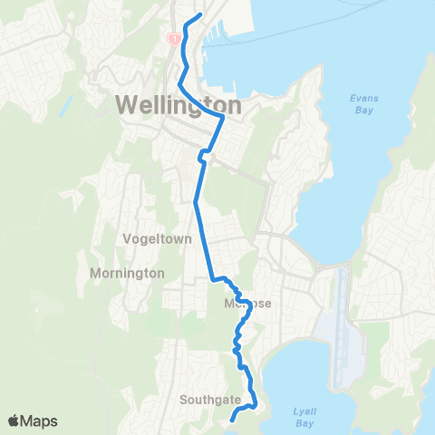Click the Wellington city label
179,105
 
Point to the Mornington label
127,272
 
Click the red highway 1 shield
172,39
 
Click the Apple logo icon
14,420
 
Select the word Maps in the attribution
40,420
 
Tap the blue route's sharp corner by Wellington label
222,117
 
